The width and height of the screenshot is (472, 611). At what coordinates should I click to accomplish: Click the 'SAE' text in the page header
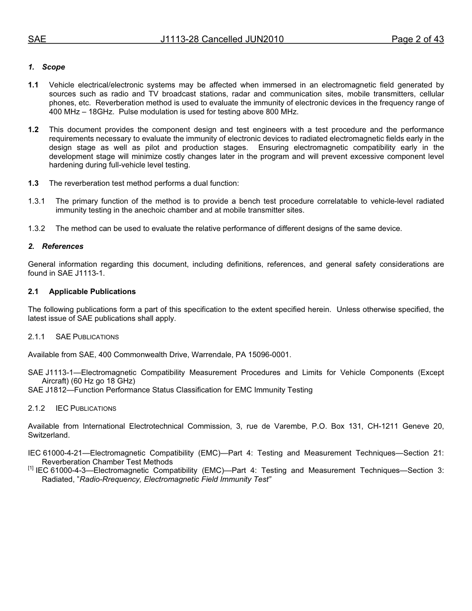[37, 39]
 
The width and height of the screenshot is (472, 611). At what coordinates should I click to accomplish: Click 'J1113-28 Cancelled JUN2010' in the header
[222, 39]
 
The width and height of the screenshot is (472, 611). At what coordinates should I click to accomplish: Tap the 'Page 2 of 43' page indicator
[417, 39]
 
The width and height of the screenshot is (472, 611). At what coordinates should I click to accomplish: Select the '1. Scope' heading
[47, 67]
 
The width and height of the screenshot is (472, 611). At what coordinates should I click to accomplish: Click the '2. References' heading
[56, 246]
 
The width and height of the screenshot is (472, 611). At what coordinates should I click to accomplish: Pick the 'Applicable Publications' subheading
[92, 292]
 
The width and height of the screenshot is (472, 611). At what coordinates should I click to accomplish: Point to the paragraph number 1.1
[33, 85]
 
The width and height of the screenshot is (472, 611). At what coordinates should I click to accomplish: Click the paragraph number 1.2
[33, 130]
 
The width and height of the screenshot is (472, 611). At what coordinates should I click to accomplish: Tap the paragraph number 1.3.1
[36, 201]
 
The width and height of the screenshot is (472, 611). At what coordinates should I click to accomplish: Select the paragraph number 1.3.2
[36, 229]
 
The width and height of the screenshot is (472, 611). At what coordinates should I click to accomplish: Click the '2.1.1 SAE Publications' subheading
[74, 337]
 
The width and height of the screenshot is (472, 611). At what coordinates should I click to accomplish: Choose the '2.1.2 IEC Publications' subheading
[72, 408]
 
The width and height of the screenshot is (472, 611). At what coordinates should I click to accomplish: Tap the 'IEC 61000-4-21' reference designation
[56, 453]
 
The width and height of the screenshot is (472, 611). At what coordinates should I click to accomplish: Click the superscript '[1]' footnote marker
[31, 468]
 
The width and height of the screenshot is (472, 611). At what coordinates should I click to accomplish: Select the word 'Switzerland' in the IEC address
[49, 435]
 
